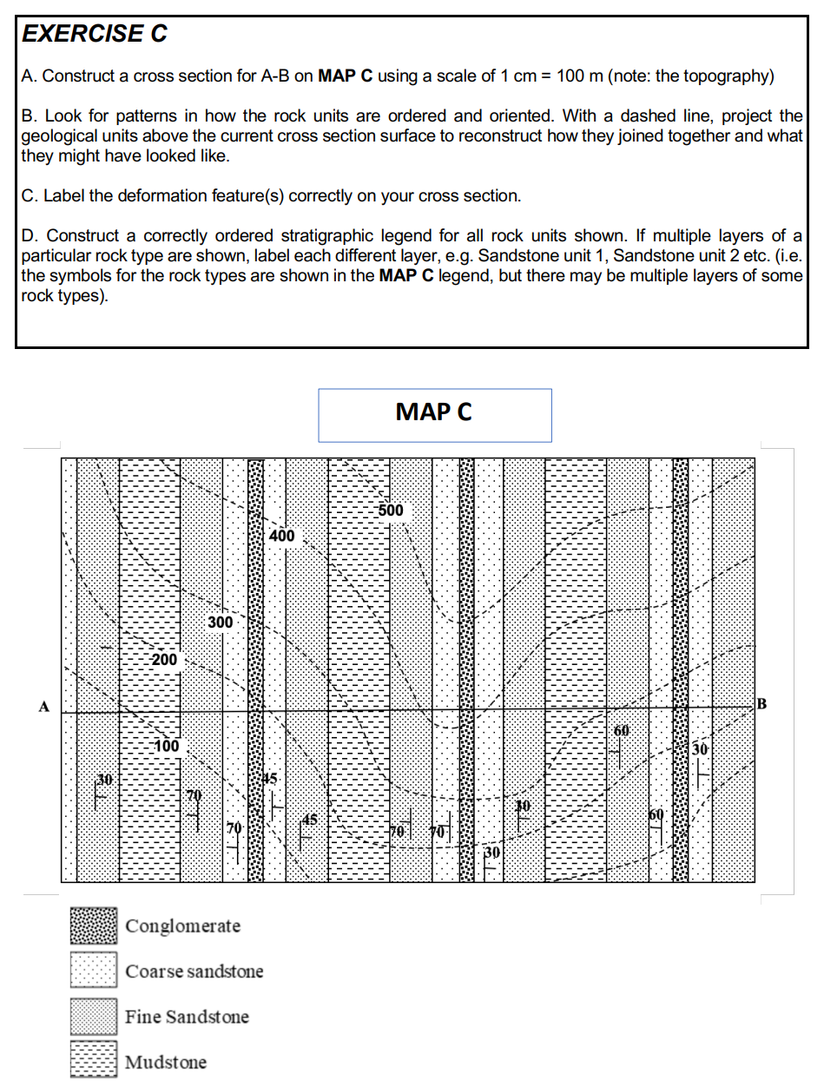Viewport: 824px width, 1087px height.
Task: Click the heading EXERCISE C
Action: (95, 34)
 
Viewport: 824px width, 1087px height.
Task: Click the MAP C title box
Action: (434, 414)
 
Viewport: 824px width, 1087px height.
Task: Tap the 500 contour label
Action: (391, 511)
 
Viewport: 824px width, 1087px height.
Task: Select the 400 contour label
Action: (281, 537)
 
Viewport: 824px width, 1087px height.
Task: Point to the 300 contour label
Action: (221, 623)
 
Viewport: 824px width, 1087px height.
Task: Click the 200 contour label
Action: (163, 660)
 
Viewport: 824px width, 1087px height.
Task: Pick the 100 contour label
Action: (166, 746)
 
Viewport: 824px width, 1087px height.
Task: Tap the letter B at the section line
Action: (762, 702)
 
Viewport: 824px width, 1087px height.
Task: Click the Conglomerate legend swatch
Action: (93, 926)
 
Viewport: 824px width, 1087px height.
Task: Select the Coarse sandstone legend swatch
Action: (93, 971)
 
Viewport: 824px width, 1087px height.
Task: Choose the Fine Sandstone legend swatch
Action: (93, 1016)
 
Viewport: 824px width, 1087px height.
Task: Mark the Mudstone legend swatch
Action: (93, 1061)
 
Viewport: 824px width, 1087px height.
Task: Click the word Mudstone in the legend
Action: (166, 1062)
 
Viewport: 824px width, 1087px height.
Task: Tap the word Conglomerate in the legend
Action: (182, 926)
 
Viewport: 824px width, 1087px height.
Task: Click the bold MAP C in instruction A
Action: (346, 76)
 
